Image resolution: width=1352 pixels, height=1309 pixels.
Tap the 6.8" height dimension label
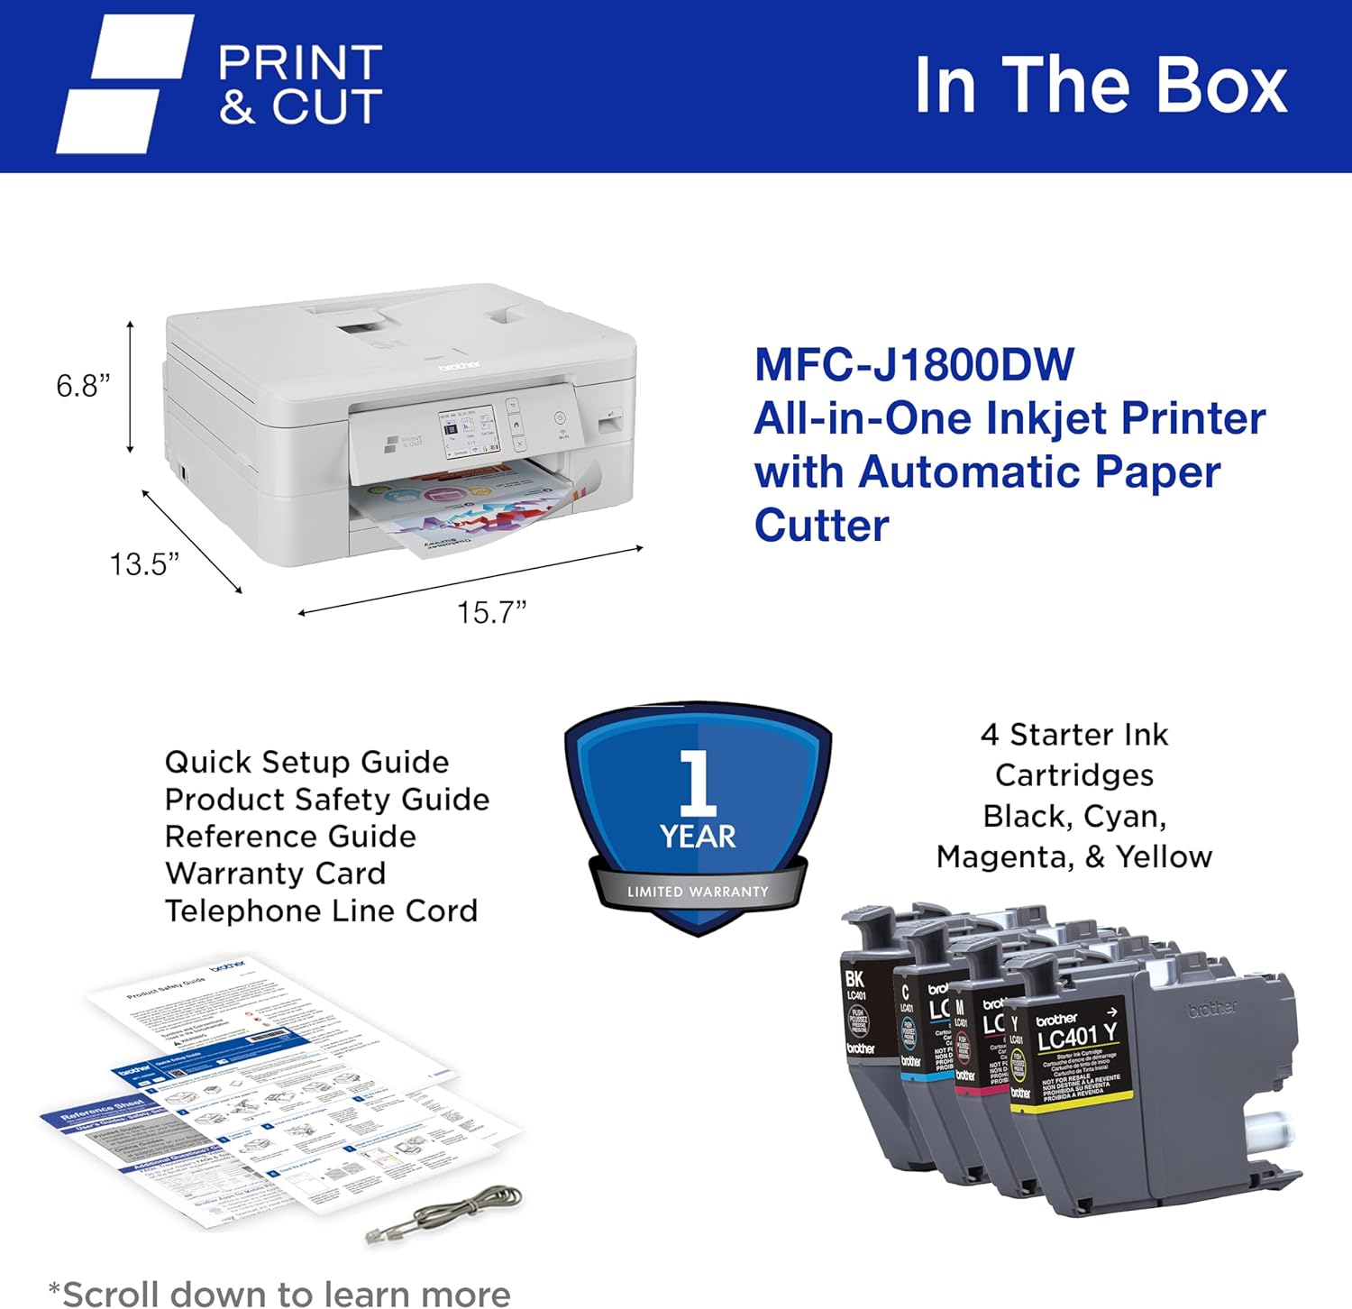(83, 386)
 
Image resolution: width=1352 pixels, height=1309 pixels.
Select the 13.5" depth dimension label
(144, 564)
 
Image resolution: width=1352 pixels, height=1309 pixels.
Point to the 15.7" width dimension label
(491, 613)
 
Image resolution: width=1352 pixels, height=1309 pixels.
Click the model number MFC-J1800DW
(914, 365)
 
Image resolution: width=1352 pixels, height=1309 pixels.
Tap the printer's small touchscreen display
(467, 433)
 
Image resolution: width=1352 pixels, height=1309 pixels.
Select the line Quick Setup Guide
(306, 763)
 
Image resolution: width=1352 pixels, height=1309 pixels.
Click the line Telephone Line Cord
(321, 911)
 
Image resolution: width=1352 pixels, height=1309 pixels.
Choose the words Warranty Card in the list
(275, 874)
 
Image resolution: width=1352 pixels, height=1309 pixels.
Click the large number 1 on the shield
(697, 783)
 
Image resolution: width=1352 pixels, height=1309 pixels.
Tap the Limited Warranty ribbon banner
(698, 892)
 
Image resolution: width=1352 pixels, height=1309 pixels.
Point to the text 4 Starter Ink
(1074, 735)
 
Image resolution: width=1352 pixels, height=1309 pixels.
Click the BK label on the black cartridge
(854, 978)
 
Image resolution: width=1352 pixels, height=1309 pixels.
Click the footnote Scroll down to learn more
(279, 1294)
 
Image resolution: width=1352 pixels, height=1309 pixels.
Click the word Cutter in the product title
(821, 526)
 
